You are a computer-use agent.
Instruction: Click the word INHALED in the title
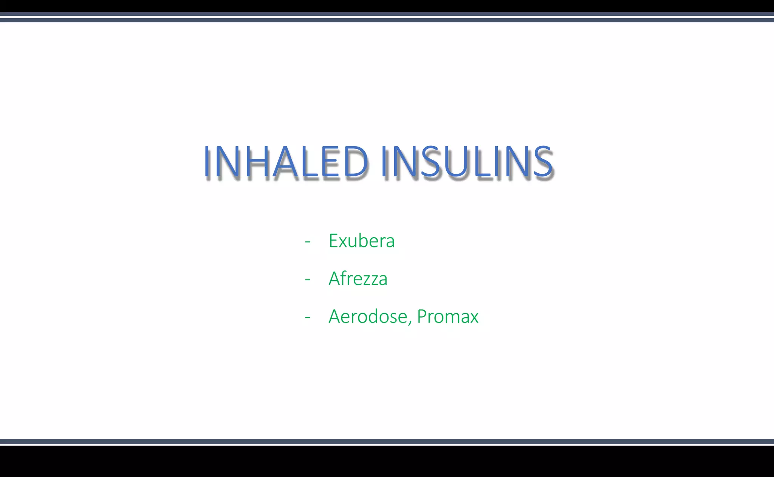[x=286, y=162]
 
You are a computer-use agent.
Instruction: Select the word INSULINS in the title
[x=467, y=162]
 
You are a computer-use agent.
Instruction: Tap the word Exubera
[x=362, y=241]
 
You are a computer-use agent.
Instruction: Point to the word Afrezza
[x=358, y=279]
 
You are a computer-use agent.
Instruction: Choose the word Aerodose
[x=368, y=316]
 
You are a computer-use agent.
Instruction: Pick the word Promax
[x=447, y=316]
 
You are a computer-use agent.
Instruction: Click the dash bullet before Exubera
[x=308, y=241]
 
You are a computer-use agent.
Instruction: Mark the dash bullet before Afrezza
[x=308, y=279]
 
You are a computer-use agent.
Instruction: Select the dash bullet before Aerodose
[x=308, y=317]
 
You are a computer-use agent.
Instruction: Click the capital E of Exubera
[x=333, y=241]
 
